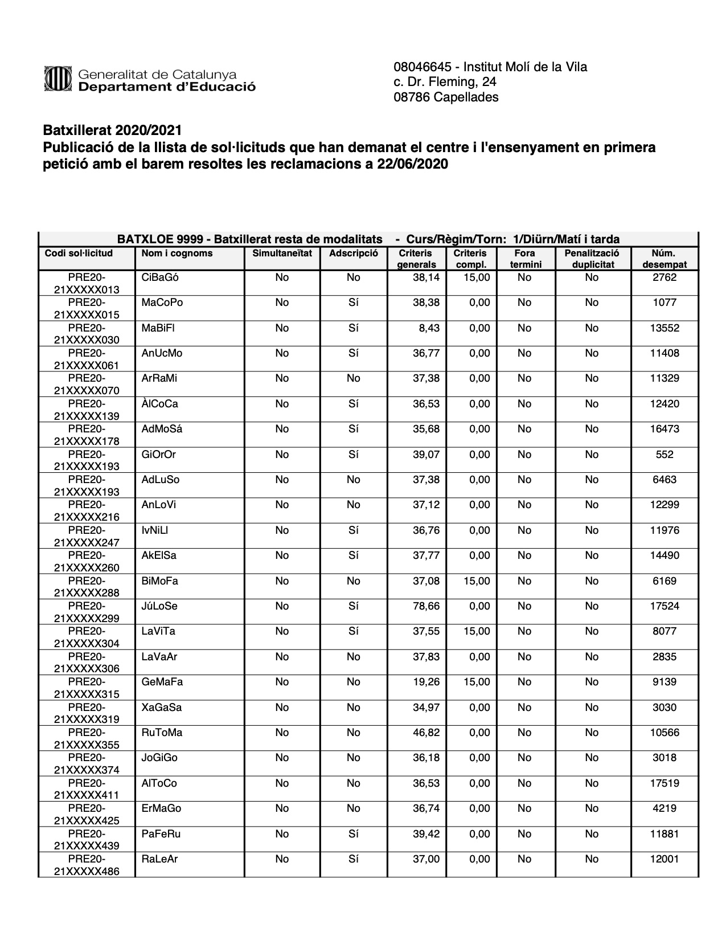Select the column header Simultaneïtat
(x=282, y=254)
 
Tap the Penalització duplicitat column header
(x=592, y=259)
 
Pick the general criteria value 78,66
(x=426, y=606)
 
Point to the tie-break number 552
(x=664, y=455)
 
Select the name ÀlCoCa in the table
(x=159, y=404)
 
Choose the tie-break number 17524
(x=664, y=606)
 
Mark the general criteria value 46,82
(x=426, y=733)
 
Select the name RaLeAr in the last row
(x=159, y=859)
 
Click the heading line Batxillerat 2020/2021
(x=112, y=132)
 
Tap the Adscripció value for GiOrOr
(x=353, y=455)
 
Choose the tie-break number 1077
(x=664, y=303)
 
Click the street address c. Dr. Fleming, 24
(x=445, y=82)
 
